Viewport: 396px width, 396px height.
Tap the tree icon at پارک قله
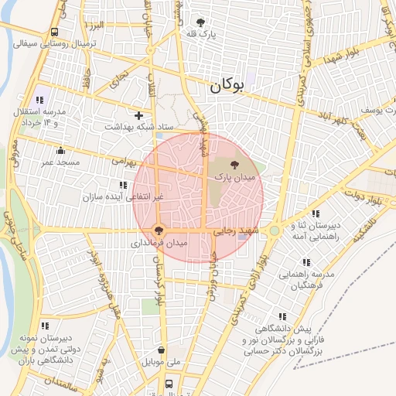pos(202,22)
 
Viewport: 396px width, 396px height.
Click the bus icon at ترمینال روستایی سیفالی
pos(54,32)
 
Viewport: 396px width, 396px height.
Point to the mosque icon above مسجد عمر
pos(60,151)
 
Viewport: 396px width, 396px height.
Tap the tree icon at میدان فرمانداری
pos(159,230)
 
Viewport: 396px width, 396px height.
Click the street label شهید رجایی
pos(236,230)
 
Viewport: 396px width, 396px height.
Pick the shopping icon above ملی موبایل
pos(161,350)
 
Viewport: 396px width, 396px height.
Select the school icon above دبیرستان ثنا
pos(315,213)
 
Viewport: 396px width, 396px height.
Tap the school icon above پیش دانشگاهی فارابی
pos(282,316)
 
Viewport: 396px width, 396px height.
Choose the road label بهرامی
pos(124,162)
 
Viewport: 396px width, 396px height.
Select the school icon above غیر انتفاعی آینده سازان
pos(122,185)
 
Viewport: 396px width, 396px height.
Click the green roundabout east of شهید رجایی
pos(274,230)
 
